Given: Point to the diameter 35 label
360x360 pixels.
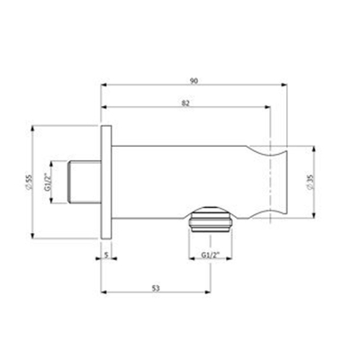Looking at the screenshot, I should point(310,182).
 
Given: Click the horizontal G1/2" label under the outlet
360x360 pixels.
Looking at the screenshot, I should point(210,256).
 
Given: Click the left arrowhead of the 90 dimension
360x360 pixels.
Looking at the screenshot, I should point(103,87).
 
